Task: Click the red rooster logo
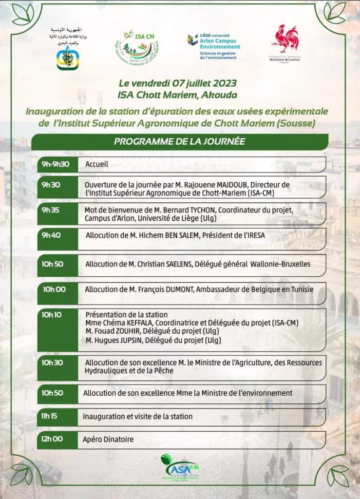[286, 40]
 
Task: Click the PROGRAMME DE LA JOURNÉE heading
[179, 142]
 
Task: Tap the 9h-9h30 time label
[56, 164]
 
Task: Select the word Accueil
[96, 165]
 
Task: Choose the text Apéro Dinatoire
[108, 440]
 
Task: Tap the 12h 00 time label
[52, 439]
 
